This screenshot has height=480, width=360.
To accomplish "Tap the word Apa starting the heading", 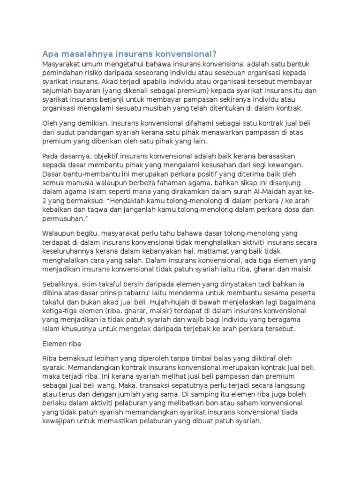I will (50, 53).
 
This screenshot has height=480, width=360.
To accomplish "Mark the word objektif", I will (101, 156).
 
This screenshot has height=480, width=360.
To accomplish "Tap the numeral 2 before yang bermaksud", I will (45, 200).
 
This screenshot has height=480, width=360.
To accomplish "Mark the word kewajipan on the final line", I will (60, 421).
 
